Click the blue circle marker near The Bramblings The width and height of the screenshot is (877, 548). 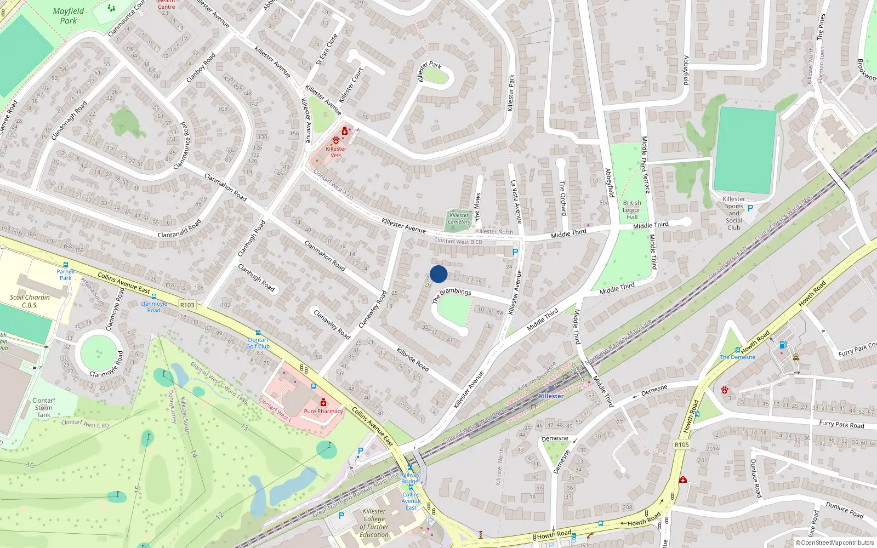click(x=438, y=274)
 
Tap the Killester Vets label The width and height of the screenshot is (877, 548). click(x=336, y=152)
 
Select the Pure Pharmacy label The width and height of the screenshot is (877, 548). click(x=323, y=411)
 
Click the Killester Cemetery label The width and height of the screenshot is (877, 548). click(x=459, y=218)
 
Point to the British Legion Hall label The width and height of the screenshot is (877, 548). click(x=632, y=210)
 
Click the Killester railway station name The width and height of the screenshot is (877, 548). click(x=551, y=396)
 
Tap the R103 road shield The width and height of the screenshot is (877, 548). click(x=187, y=305)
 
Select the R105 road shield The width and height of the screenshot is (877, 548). click(x=682, y=444)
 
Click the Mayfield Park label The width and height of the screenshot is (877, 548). click(x=69, y=16)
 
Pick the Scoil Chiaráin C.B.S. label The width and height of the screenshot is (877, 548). click(x=30, y=301)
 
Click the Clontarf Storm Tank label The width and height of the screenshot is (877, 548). click(x=44, y=408)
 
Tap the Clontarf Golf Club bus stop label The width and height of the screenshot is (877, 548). click(x=258, y=343)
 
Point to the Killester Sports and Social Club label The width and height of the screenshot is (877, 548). click(x=733, y=213)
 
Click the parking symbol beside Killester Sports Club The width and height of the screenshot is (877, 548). click(x=750, y=208)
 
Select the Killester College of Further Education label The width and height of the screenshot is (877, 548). click(x=374, y=523)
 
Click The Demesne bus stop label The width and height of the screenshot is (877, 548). click(x=737, y=357)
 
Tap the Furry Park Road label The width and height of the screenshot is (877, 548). click(x=841, y=425)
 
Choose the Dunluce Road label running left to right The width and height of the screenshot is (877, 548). click(x=845, y=510)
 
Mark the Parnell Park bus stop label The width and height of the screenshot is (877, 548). click(x=65, y=275)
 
